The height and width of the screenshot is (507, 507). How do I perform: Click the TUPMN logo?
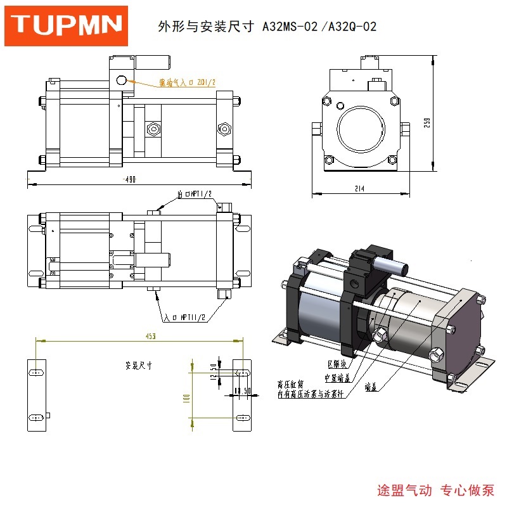[67, 25]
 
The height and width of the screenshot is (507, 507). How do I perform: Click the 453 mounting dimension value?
[150, 335]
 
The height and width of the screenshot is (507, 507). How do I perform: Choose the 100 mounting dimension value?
[186, 399]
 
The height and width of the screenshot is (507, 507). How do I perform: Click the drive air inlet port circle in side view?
[122, 80]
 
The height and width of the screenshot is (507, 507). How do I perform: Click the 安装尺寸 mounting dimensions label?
[139, 366]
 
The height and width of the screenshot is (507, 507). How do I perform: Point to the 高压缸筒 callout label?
[291, 384]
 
